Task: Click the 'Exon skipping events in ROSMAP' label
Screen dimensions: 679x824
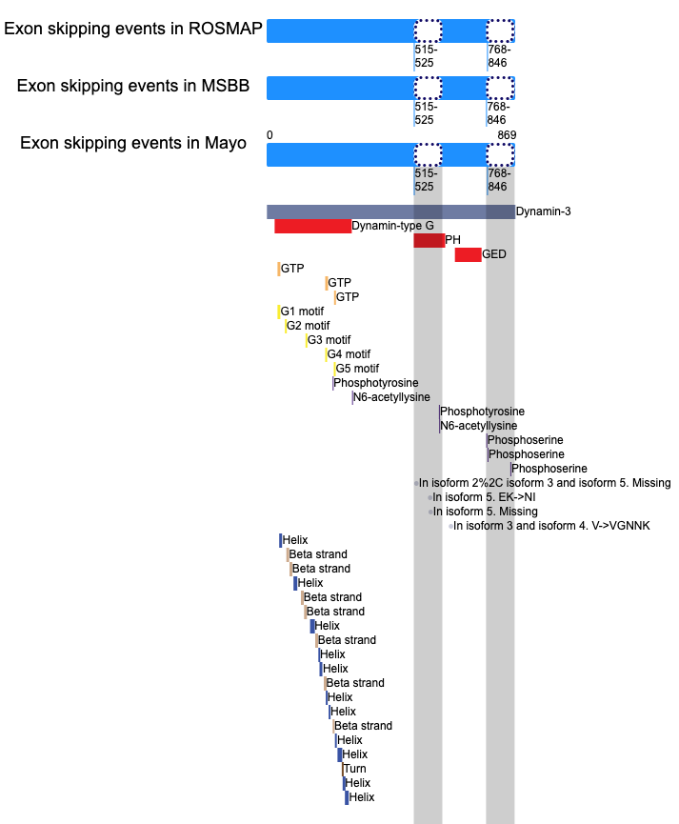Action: coord(133,29)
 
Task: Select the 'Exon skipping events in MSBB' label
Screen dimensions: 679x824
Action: coord(133,86)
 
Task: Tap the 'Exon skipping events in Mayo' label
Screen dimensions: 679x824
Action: coord(133,143)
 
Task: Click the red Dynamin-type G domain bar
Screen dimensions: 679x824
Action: coord(312,226)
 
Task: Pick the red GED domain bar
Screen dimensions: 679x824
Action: coord(468,254)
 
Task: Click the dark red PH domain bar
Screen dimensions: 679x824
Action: coord(429,240)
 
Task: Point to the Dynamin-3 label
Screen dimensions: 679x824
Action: coord(543,211)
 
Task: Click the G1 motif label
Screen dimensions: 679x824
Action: coord(302,312)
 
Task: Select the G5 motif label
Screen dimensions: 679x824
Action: coord(357,369)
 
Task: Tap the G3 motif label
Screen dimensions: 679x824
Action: coord(329,340)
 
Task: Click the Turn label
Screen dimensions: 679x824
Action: coord(355,769)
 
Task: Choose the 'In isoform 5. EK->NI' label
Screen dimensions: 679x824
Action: coord(484,497)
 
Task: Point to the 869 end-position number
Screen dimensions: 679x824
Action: coord(507,135)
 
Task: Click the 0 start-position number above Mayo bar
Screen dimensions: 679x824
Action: coord(270,135)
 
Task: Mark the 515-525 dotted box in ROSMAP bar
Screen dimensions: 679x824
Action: coord(428,31)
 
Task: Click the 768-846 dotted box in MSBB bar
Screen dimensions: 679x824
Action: coord(500,89)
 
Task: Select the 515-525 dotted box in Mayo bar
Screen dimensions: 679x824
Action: coord(428,155)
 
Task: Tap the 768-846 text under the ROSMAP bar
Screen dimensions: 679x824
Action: coord(498,55)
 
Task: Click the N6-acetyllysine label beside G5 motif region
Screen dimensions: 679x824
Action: coord(391,397)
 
